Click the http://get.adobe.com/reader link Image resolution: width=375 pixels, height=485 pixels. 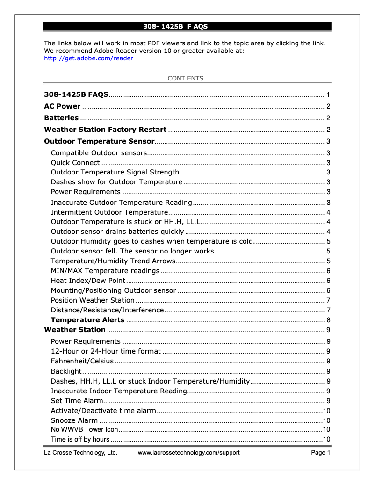click(88, 58)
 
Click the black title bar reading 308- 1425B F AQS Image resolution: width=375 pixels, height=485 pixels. click(187, 27)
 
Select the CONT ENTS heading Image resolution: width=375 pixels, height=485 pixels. click(186, 79)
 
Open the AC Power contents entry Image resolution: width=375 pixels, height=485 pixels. click(62, 106)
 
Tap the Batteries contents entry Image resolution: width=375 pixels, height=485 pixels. click(61, 118)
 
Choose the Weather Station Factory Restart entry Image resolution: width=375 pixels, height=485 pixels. click(105, 130)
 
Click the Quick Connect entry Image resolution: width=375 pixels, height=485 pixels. click(75, 163)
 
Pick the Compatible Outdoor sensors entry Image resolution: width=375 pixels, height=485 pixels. click(99, 153)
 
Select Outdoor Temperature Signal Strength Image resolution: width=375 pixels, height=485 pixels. click(115, 173)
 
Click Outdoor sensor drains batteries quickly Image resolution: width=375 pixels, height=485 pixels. click(117, 232)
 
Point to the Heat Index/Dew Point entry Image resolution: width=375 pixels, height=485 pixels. click(88, 281)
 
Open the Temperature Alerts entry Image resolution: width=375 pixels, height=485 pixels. click(87, 320)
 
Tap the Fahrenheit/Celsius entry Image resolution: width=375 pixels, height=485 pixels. click(82, 361)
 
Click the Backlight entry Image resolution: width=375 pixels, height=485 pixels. click(66, 371)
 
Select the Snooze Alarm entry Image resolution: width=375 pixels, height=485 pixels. click(74, 420)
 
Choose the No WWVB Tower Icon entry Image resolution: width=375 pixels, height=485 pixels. click(84, 429)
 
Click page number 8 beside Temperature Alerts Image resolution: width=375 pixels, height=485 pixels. click(329, 320)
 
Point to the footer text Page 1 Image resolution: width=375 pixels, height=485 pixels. click(321, 453)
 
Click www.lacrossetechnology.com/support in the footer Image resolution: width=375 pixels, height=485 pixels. click(188, 453)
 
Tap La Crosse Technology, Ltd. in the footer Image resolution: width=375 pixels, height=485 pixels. click(80, 453)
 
